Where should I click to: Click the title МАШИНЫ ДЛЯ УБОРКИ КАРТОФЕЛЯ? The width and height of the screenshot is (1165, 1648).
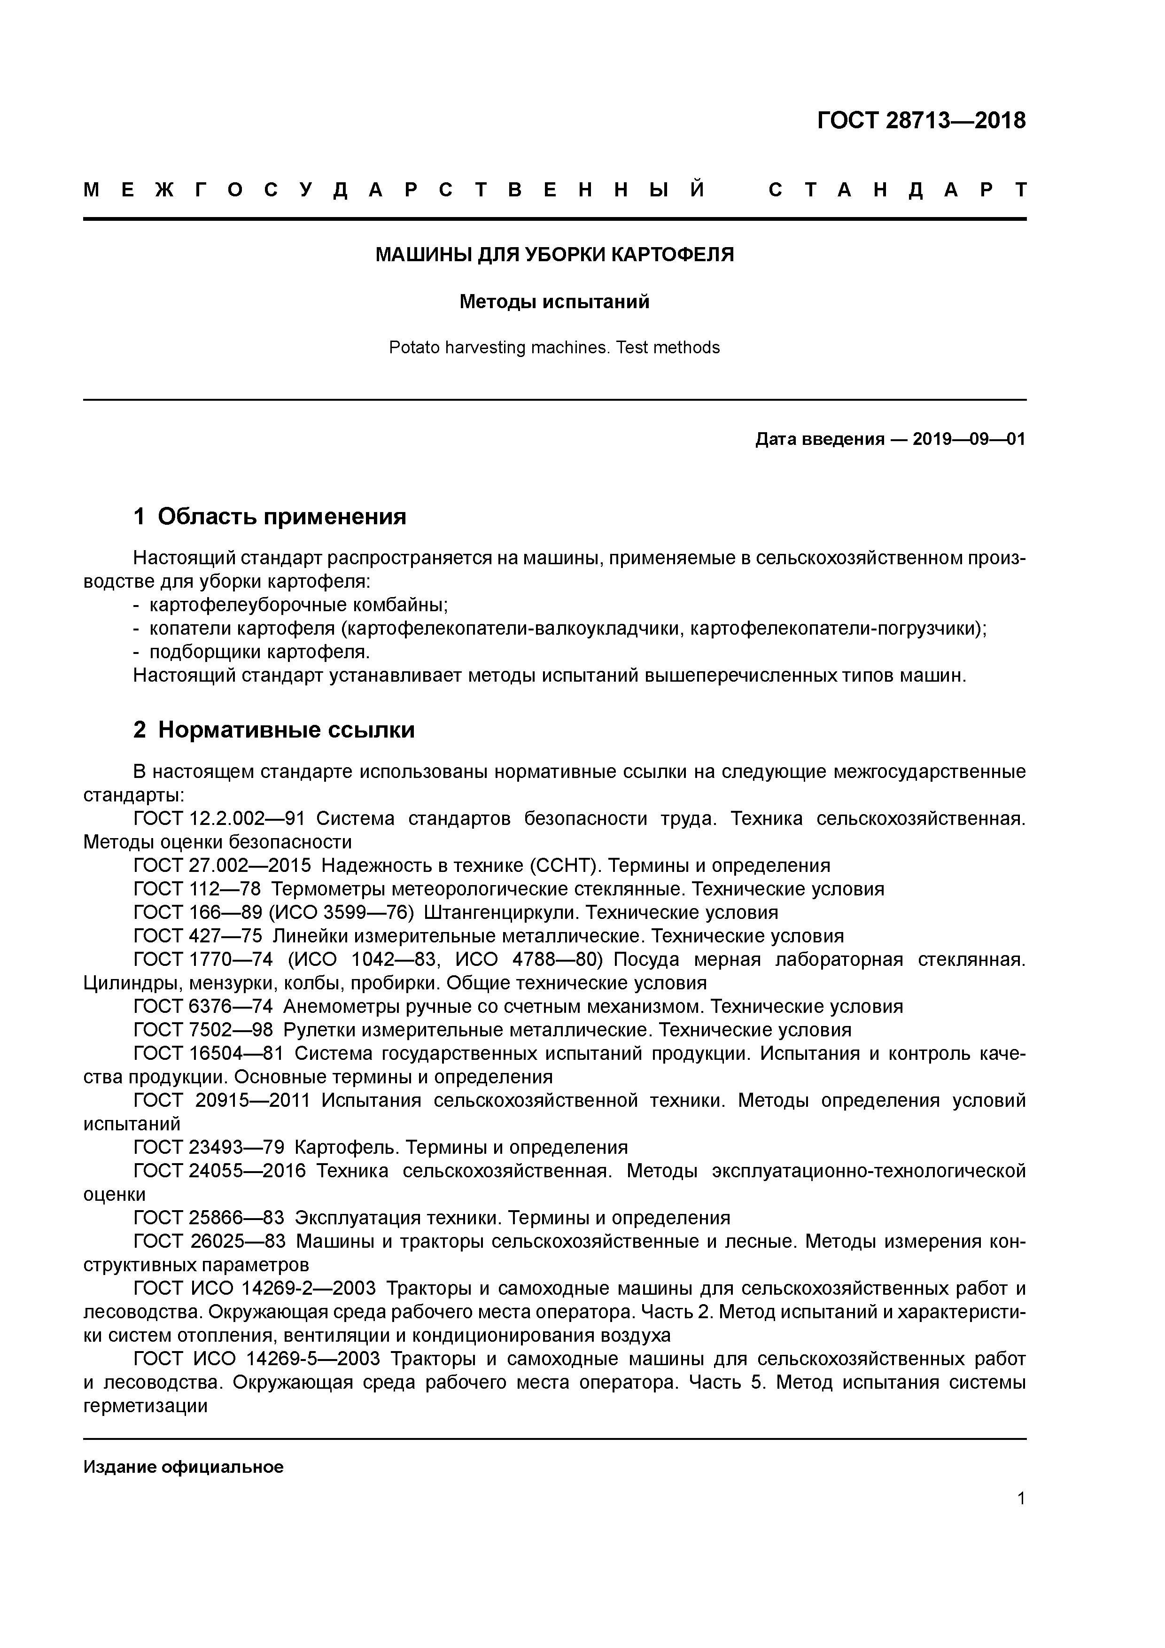[x=554, y=255]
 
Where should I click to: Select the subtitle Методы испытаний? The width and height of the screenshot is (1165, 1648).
[x=554, y=302]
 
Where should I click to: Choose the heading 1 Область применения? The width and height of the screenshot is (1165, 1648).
[x=270, y=516]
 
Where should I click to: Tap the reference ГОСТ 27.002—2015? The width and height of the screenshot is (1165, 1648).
[x=223, y=866]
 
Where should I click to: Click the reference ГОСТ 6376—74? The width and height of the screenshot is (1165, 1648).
[x=203, y=1007]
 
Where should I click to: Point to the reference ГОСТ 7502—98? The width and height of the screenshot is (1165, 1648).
[x=203, y=1031]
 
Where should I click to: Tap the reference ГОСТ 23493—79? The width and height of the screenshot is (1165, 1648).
[x=209, y=1148]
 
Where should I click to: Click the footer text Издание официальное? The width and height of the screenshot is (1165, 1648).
[x=184, y=1467]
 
